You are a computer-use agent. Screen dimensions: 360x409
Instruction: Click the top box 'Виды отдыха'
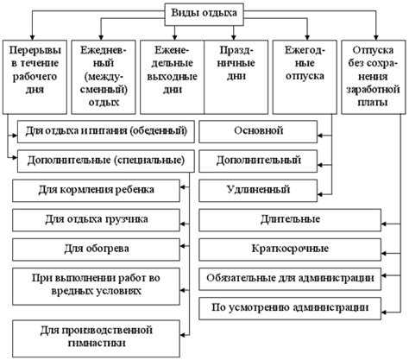tap(204, 12)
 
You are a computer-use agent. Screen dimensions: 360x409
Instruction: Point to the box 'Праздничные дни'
tap(236, 76)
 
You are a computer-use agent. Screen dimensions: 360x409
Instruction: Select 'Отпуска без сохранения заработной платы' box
tap(374, 76)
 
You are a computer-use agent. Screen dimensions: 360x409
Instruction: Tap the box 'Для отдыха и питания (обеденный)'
tap(106, 132)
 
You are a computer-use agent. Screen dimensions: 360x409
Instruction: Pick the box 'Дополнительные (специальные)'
tap(104, 161)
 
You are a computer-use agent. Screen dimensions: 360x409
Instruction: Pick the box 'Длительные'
tap(289, 219)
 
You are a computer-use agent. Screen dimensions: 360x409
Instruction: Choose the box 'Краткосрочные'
tap(289, 249)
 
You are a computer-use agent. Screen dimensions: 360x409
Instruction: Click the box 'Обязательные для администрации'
tap(289, 278)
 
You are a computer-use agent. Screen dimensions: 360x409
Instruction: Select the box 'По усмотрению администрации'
tap(289, 307)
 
